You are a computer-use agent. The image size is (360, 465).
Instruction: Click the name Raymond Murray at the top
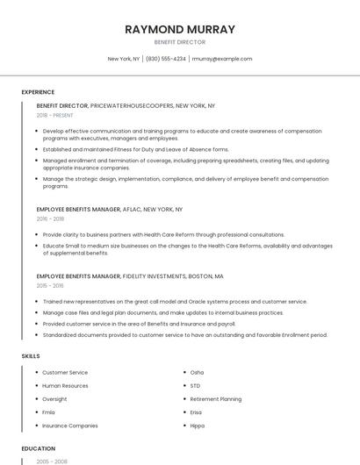pyautogui.click(x=179, y=29)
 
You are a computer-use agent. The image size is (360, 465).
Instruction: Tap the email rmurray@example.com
pyautogui.click(x=221, y=59)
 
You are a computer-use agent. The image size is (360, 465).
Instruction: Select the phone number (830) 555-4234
pyautogui.click(x=165, y=59)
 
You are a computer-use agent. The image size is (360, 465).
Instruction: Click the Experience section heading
pyautogui.click(x=38, y=92)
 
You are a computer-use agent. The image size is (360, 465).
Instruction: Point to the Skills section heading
pyautogui.click(x=31, y=356)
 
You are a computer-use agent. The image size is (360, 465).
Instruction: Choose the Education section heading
pyautogui.click(x=38, y=448)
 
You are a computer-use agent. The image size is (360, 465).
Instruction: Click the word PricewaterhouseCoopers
pyautogui.click(x=132, y=105)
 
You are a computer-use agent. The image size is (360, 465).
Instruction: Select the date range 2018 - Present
pyautogui.click(x=55, y=115)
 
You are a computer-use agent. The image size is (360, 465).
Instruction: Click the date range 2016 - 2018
pyautogui.click(x=50, y=219)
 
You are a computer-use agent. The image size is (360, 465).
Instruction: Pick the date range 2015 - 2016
pyautogui.click(x=50, y=286)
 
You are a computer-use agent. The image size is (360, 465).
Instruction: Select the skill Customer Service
pyautogui.click(x=65, y=373)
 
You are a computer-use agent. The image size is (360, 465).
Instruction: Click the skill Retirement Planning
pyautogui.click(x=215, y=399)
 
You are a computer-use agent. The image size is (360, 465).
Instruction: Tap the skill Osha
pyautogui.click(x=197, y=373)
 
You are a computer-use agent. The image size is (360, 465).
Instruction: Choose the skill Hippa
pyautogui.click(x=198, y=426)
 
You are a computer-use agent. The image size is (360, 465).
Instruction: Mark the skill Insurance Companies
pyautogui.click(x=70, y=426)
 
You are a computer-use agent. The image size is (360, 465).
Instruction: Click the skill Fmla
pyautogui.click(x=48, y=412)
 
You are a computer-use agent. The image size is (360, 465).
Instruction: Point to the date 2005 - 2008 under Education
pyautogui.click(x=50, y=461)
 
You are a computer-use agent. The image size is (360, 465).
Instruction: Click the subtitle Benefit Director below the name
pyautogui.click(x=179, y=42)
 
